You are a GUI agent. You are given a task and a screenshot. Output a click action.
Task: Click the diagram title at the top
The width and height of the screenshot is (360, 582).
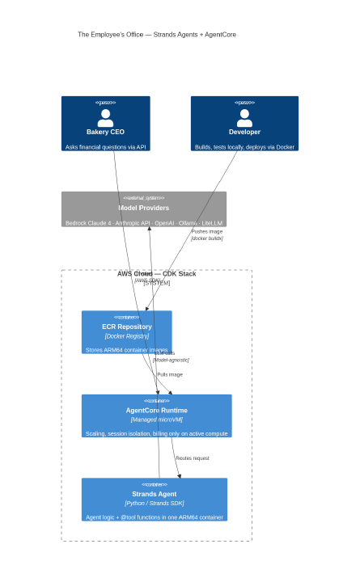point(157,35)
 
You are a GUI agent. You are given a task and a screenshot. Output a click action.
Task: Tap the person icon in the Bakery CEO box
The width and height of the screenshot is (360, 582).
point(105,119)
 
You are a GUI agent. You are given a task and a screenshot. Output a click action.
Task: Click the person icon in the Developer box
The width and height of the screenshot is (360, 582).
point(244,119)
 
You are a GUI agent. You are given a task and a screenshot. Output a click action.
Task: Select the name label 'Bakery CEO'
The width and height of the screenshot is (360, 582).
point(105,132)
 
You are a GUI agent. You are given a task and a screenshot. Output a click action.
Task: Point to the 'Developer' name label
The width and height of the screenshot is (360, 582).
point(244,132)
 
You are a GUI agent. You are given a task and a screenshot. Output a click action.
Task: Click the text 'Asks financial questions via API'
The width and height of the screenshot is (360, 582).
point(105,147)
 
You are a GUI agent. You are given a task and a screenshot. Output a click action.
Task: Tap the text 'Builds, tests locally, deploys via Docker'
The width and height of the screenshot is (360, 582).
point(244,147)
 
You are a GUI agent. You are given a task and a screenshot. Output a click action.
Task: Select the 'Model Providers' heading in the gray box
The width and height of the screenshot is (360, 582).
point(144,208)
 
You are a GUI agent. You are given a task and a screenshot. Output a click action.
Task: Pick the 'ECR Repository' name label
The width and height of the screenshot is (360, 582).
point(126,327)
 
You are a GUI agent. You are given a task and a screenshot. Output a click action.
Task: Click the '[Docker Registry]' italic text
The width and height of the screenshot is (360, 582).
point(126,336)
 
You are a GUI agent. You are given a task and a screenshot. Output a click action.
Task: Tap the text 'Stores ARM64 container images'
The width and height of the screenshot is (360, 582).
point(126,350)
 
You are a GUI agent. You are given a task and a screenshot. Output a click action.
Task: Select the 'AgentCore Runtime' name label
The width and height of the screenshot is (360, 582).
point(156,410)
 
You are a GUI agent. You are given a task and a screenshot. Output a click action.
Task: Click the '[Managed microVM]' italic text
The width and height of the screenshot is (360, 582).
point(156,420)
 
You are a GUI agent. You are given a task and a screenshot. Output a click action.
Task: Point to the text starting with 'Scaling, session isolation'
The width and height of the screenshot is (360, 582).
point(156,433)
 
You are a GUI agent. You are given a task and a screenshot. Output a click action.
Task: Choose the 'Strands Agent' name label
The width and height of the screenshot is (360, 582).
point(154,494)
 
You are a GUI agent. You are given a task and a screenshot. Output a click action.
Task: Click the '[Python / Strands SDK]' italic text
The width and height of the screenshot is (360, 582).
point(154,504)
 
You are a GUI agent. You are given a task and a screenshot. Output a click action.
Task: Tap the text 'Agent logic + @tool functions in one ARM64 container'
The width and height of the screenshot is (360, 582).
point(154,517)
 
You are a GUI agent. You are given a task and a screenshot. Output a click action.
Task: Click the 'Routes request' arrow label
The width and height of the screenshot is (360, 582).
point(192,458)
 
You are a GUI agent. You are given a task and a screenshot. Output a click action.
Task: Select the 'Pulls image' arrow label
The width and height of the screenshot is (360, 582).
point(170,375)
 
